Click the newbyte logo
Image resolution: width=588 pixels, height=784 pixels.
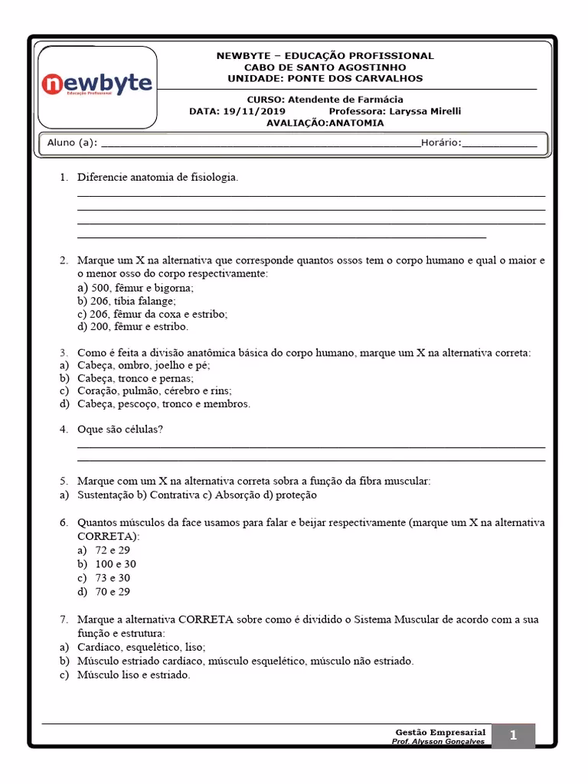coord(96,84)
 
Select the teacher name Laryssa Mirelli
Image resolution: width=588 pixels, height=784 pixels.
coord(426,111)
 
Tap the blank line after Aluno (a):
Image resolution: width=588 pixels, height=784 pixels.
coord(260,143)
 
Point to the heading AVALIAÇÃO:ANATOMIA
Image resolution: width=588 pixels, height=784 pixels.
coord(325,122)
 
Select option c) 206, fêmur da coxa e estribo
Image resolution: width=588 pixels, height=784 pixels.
coord(152,314)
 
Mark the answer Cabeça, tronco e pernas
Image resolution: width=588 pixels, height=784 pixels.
coord(135,378)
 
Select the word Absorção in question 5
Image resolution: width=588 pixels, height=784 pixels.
coord(240,495)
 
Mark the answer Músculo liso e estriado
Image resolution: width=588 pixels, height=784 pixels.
coord(133,675)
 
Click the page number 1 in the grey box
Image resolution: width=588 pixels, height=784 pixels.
coord(513,736)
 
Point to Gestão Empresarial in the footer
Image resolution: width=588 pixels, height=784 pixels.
coord(440,733)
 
